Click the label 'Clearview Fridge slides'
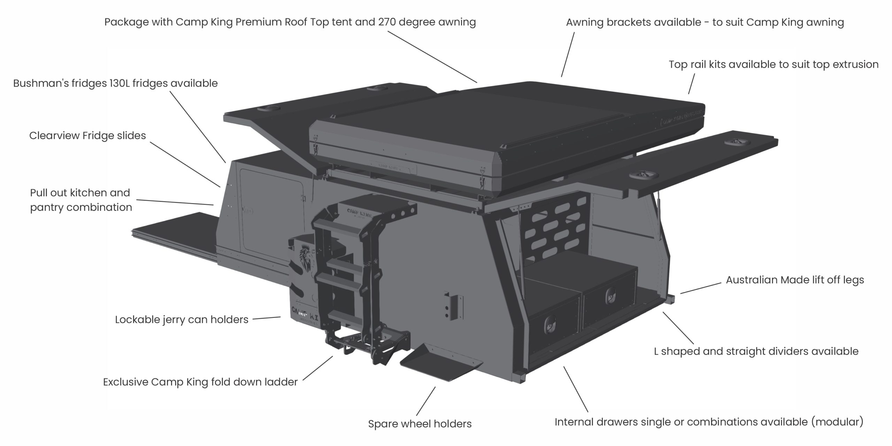[x=87, y=135]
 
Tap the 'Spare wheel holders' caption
[x=420, y=424]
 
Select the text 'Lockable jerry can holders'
[x=182, y=320]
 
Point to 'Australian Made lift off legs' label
[x=795, y=280]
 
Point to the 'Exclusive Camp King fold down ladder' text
[x=200, y=382]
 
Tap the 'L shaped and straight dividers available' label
[x=756, y=351]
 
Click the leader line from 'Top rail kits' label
[x=692, y=84]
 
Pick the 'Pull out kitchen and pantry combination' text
[x=81, y=200]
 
